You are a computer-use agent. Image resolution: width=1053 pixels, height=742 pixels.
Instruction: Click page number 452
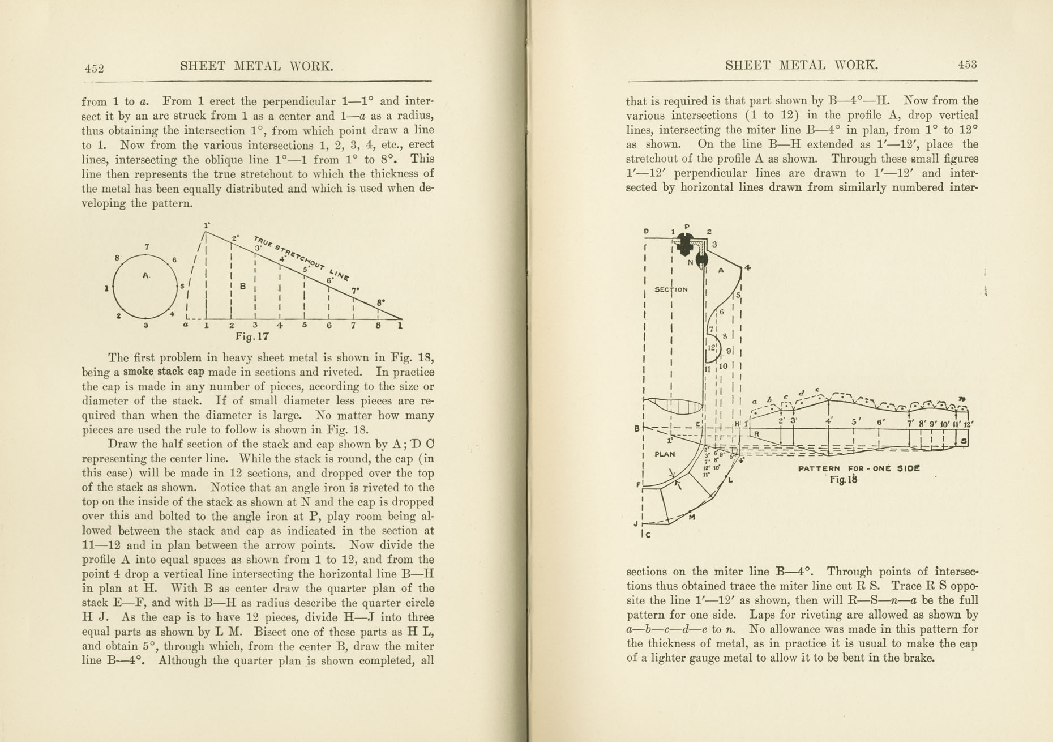tap(95, 69)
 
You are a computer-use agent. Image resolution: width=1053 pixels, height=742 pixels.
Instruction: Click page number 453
tap(968, 65)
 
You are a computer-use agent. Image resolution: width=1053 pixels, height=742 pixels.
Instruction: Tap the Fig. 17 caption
tap(252, 336)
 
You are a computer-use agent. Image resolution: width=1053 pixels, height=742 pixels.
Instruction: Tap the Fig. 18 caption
tap(844, 480)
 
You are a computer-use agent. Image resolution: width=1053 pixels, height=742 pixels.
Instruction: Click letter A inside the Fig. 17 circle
tap(146, 275)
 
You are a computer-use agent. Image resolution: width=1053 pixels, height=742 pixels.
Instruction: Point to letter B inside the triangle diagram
tap(243, 287)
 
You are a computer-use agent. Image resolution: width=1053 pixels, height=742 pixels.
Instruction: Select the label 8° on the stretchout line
tap(381, 302)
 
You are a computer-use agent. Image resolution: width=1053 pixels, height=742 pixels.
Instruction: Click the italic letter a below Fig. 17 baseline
tap(185, 325)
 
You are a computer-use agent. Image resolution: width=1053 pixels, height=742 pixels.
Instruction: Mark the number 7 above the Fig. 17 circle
tap(147, 247)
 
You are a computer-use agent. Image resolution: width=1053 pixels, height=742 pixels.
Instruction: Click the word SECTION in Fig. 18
tap(671, 289)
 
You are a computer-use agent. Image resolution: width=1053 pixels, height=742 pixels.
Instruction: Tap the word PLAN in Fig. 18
tap(665, 454)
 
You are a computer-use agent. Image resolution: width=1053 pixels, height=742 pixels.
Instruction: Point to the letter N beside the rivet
tap(691, 262)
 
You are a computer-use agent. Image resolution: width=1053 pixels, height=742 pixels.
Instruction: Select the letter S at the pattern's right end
tap(964, 441)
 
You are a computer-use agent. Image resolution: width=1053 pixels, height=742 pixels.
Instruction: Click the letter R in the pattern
tap(757, 434)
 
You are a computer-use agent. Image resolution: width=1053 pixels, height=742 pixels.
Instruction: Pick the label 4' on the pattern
tap(829, 421)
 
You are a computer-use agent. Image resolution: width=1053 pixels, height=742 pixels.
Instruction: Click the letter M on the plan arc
tap(691, 517)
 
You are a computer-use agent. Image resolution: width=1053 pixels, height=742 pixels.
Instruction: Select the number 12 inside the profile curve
tap(711, 348)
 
